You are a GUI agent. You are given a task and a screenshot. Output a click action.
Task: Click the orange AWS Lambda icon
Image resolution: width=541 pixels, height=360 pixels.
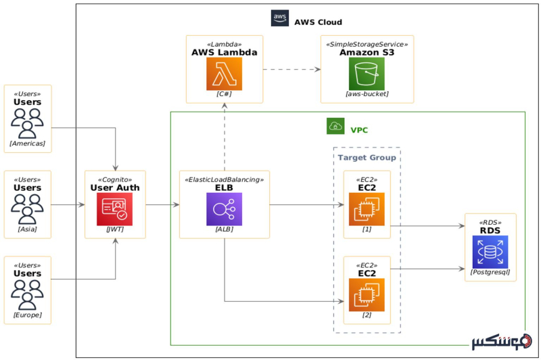(x=224, y=74)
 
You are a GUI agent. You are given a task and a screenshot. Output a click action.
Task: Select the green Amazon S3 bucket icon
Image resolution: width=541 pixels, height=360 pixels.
(x=367, y=74)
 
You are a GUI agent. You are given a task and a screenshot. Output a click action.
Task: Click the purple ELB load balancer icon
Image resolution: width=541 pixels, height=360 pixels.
(x=224, y=209)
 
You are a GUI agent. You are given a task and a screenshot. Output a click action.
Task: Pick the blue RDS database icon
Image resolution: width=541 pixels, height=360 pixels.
(x=490, y=252)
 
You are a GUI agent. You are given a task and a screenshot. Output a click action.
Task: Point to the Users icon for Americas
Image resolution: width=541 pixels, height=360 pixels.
(x=28, y=123)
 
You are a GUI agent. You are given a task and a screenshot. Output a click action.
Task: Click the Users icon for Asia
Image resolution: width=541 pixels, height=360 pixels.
(x=28, y=209)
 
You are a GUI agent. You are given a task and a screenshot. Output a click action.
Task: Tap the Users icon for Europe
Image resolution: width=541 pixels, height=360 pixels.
(x=28, y=295)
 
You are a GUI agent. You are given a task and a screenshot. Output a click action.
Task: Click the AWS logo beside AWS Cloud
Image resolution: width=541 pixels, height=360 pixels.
(x=280, y=18)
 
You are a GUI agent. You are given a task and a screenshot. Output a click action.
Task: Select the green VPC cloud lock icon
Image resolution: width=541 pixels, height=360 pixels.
(x=335, y=126)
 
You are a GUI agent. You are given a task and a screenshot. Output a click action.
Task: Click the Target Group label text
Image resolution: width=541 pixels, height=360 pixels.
(x=367, y=157)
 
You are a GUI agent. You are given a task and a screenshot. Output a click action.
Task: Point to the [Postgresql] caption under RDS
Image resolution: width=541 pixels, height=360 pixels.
(x=490, y=272)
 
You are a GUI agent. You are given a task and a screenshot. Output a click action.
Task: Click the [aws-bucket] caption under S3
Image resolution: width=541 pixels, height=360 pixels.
(x=367, y=94)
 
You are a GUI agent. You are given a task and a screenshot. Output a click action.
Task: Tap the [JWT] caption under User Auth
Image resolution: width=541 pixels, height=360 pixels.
(x=115, y=229)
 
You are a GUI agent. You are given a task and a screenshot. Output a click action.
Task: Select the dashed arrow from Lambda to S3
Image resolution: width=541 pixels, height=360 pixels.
(x=291, y=69)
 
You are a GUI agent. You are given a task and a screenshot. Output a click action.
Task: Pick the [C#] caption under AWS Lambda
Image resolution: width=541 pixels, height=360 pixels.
(x=224, y=94)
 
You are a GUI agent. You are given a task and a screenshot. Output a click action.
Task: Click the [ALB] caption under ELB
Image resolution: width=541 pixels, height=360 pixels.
(x=224, y=229)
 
